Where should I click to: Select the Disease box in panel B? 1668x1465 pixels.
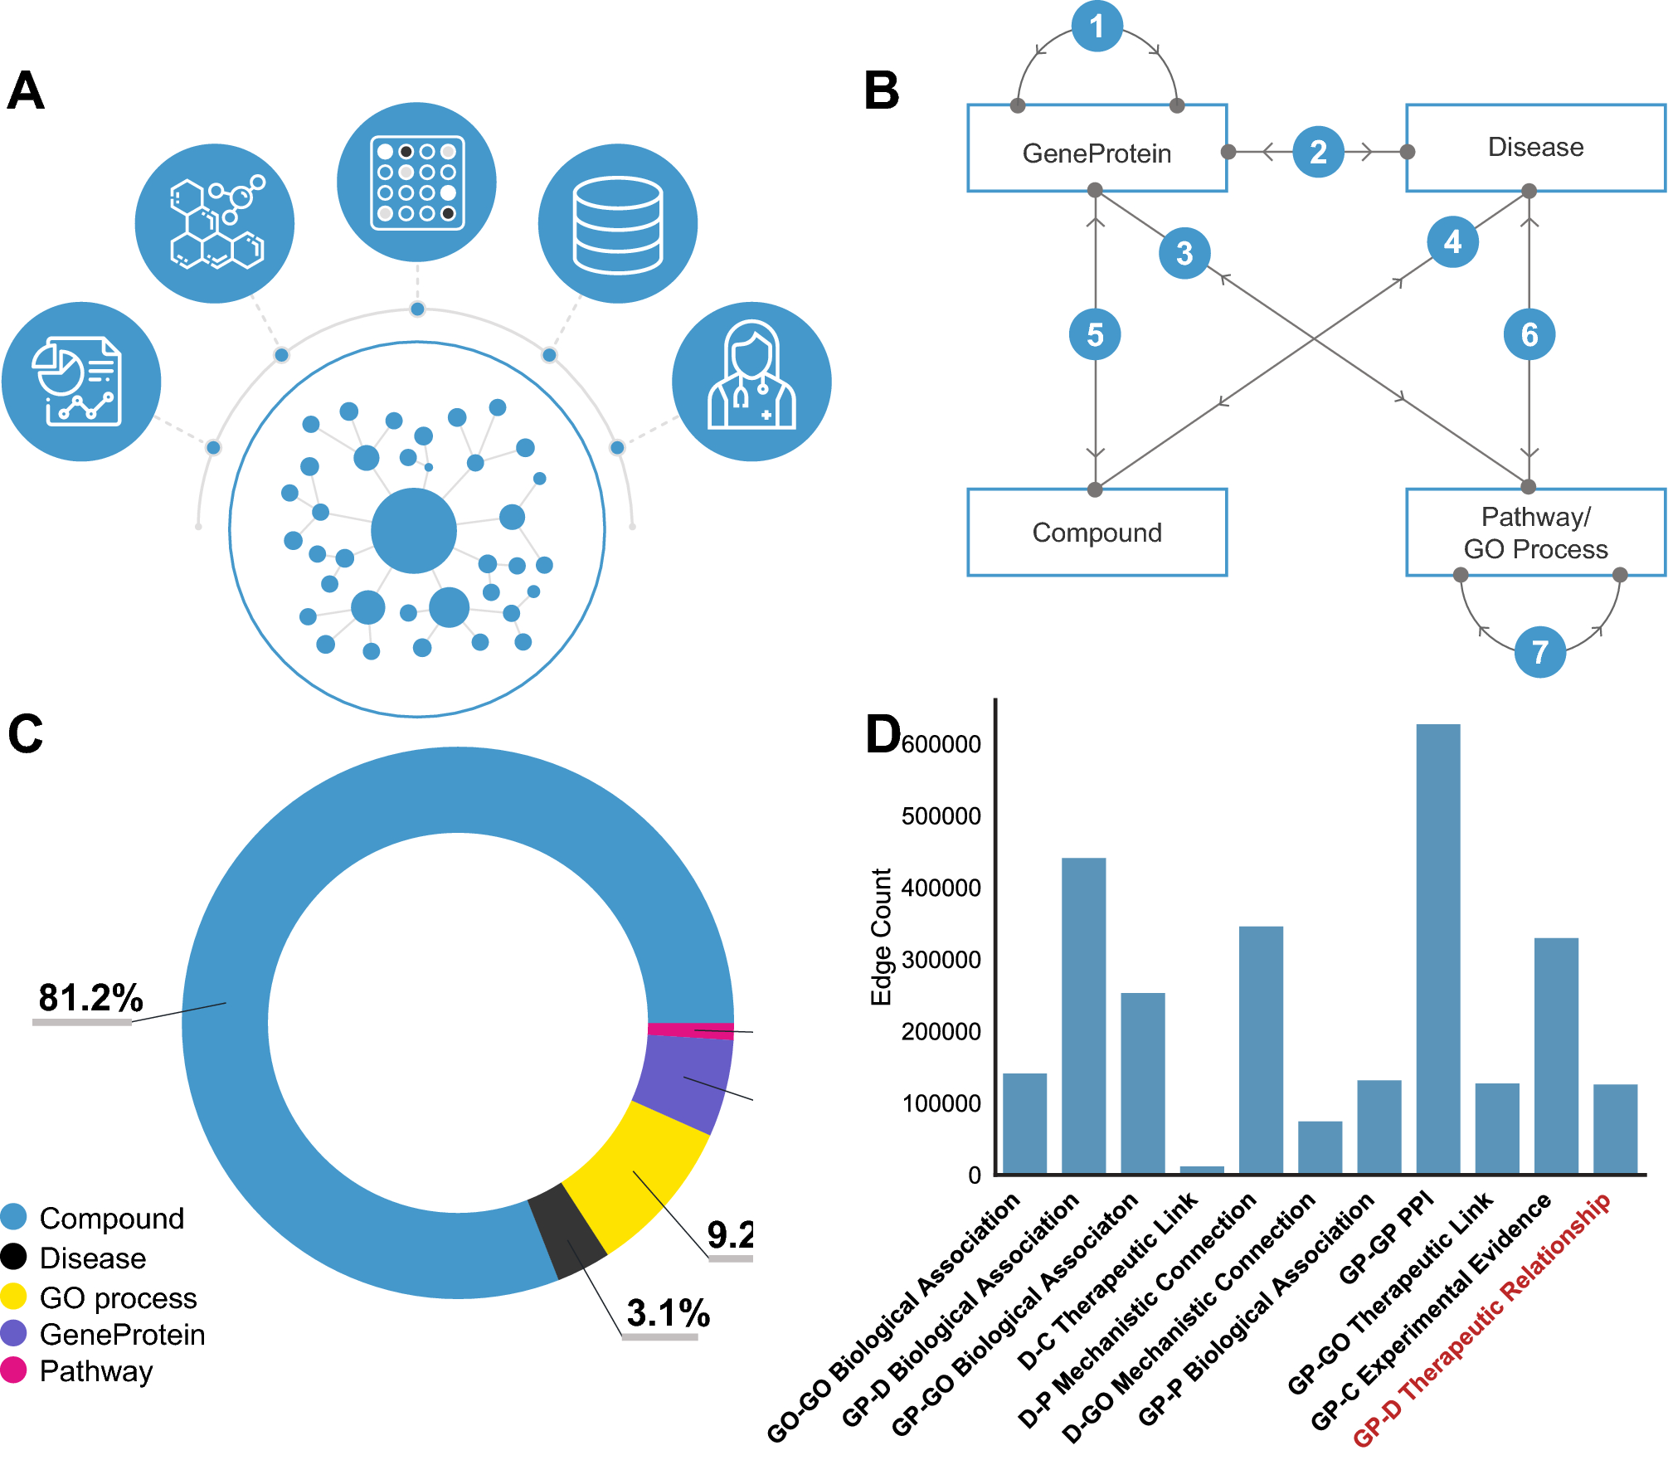pos(1534,148)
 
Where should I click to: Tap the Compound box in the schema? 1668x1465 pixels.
pos(1097,532)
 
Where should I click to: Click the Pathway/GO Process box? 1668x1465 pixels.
pos(1534,532)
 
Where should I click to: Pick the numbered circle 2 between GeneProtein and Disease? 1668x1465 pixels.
pos(1318,152)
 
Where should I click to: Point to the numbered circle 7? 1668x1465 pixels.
pos(1539,652)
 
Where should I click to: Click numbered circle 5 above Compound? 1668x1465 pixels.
pos(1095,334)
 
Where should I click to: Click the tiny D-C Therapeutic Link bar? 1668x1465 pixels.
pos(1201,1170)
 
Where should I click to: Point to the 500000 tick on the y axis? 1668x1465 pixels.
pos(941,816)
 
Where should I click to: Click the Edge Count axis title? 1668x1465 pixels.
pos(881,937)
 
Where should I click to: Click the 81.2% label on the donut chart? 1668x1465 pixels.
pos(90,997)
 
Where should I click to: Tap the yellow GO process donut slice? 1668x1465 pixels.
pos(639,1170)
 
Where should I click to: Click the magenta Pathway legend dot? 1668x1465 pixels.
pos(13,1370)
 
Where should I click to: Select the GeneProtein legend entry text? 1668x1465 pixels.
pos(122,1334)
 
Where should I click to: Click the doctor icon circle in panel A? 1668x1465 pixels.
pos(751,381)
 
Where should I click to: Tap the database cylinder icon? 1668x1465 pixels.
pos(617,223)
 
